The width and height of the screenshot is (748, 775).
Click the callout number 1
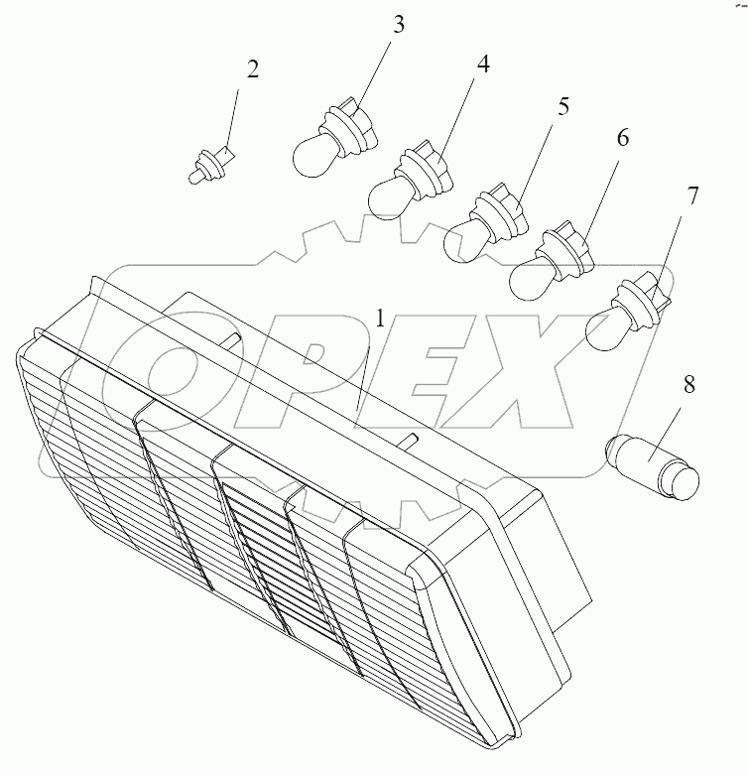point(380,319)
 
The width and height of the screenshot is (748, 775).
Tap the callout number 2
point(252,69)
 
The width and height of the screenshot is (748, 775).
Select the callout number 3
point(399,24)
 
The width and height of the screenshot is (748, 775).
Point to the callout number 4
point(483,65)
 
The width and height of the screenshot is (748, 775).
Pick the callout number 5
point(563,106)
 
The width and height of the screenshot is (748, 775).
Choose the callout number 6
point(623,137)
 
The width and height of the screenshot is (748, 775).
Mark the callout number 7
point(693,195)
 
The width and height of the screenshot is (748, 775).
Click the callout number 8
point(689,384)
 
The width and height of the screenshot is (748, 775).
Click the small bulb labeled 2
point(211,165)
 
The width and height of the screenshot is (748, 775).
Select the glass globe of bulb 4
point(387,198)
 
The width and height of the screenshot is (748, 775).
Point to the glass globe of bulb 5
point(463,240)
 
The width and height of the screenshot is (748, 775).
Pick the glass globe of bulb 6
point(529,280)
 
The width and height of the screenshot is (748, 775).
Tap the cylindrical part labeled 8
point(652,466)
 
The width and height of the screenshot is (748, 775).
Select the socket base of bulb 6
point(566,248)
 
